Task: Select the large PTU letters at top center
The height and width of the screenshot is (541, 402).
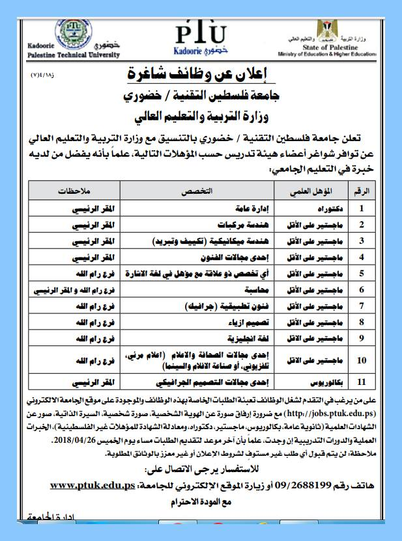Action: coord(201,32)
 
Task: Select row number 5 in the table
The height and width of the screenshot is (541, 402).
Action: coord(363,272)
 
